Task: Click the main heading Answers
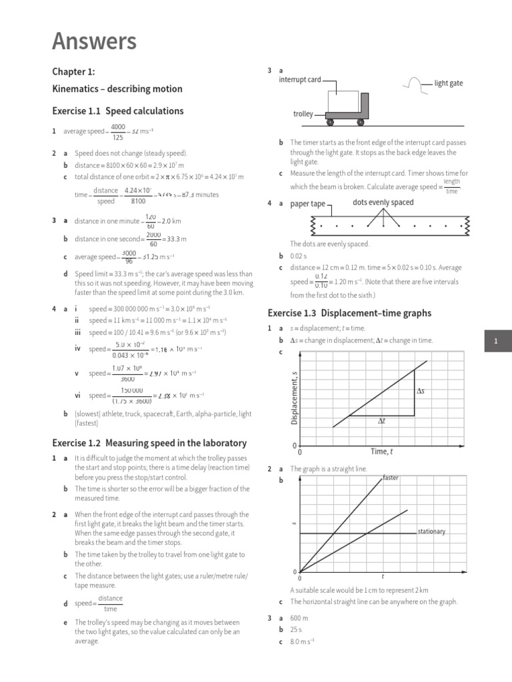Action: tap(94, 41)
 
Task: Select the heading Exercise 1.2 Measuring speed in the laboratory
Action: tap(149, 443)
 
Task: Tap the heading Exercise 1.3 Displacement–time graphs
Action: tap(349, 313)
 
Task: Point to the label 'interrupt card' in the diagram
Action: tap(299, 80)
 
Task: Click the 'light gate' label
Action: tap(448, 83)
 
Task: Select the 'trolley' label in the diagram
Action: tap(303, 114)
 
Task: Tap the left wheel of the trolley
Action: tap(330, 123)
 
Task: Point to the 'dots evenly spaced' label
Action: tap(383, 202)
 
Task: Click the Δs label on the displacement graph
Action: tap(421, 391)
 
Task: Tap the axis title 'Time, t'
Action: tap(381, 452)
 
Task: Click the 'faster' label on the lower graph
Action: tap(391, 478)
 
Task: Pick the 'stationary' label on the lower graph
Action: tap(431, 531)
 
